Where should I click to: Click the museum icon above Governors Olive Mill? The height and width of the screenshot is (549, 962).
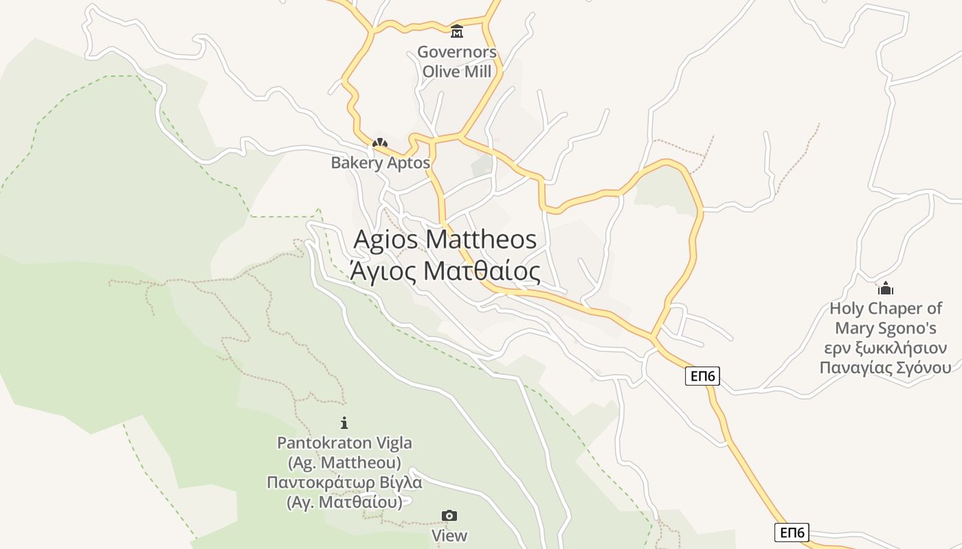pos(457,32)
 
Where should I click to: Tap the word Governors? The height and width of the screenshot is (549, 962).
pos(457,52)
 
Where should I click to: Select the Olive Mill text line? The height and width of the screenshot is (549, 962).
pos(457,71)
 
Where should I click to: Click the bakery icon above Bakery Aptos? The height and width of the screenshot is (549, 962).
pos(380,143)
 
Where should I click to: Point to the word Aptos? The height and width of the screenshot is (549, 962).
pos(408,163)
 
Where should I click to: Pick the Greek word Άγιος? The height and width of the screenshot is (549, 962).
pos(383,271)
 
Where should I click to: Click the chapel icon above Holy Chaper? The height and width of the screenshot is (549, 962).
pos(886,288)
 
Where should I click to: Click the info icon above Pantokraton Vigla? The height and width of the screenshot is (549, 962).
pos(344,423)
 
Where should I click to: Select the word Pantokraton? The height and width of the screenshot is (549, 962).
pos(325,443)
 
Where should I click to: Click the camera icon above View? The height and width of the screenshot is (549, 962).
pos(449,515)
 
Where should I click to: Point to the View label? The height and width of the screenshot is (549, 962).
pos(449,535)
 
